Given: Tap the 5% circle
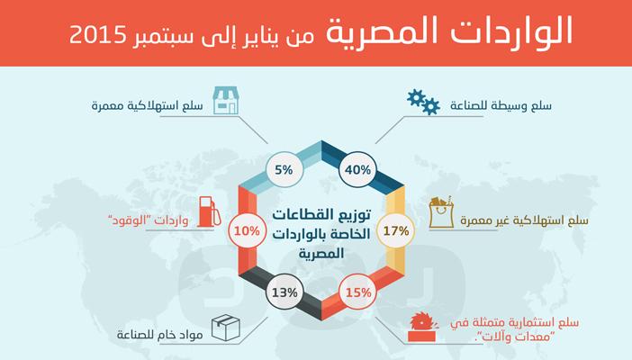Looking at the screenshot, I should (x=283, y=168).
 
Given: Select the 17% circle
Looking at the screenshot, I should (x=396, y=230).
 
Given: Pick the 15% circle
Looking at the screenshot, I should (x=357, y=292).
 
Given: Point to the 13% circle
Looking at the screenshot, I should (x=283, y=292).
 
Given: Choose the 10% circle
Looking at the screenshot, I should (x=246, y=230).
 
